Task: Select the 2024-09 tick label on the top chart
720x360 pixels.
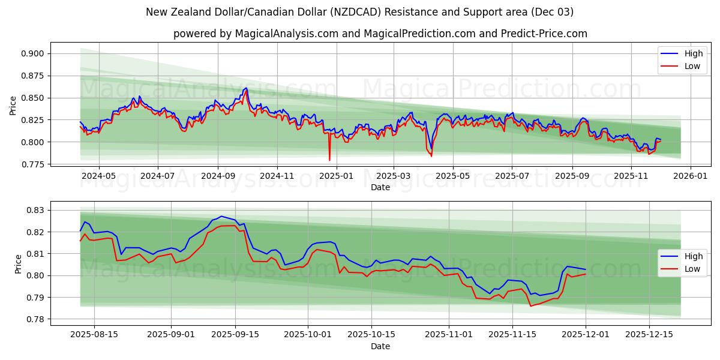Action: tap(217, 176)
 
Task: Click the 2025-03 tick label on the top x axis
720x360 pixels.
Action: tap(394, 176)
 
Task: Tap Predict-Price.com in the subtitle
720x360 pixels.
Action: tap(542, 34)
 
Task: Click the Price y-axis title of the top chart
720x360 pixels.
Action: tap(13, 106)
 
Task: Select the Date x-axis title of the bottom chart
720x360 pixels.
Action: tap(380, 346)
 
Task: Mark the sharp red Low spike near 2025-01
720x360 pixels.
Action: tap(329, 160)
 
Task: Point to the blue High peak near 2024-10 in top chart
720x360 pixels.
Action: tap(245, 88)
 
